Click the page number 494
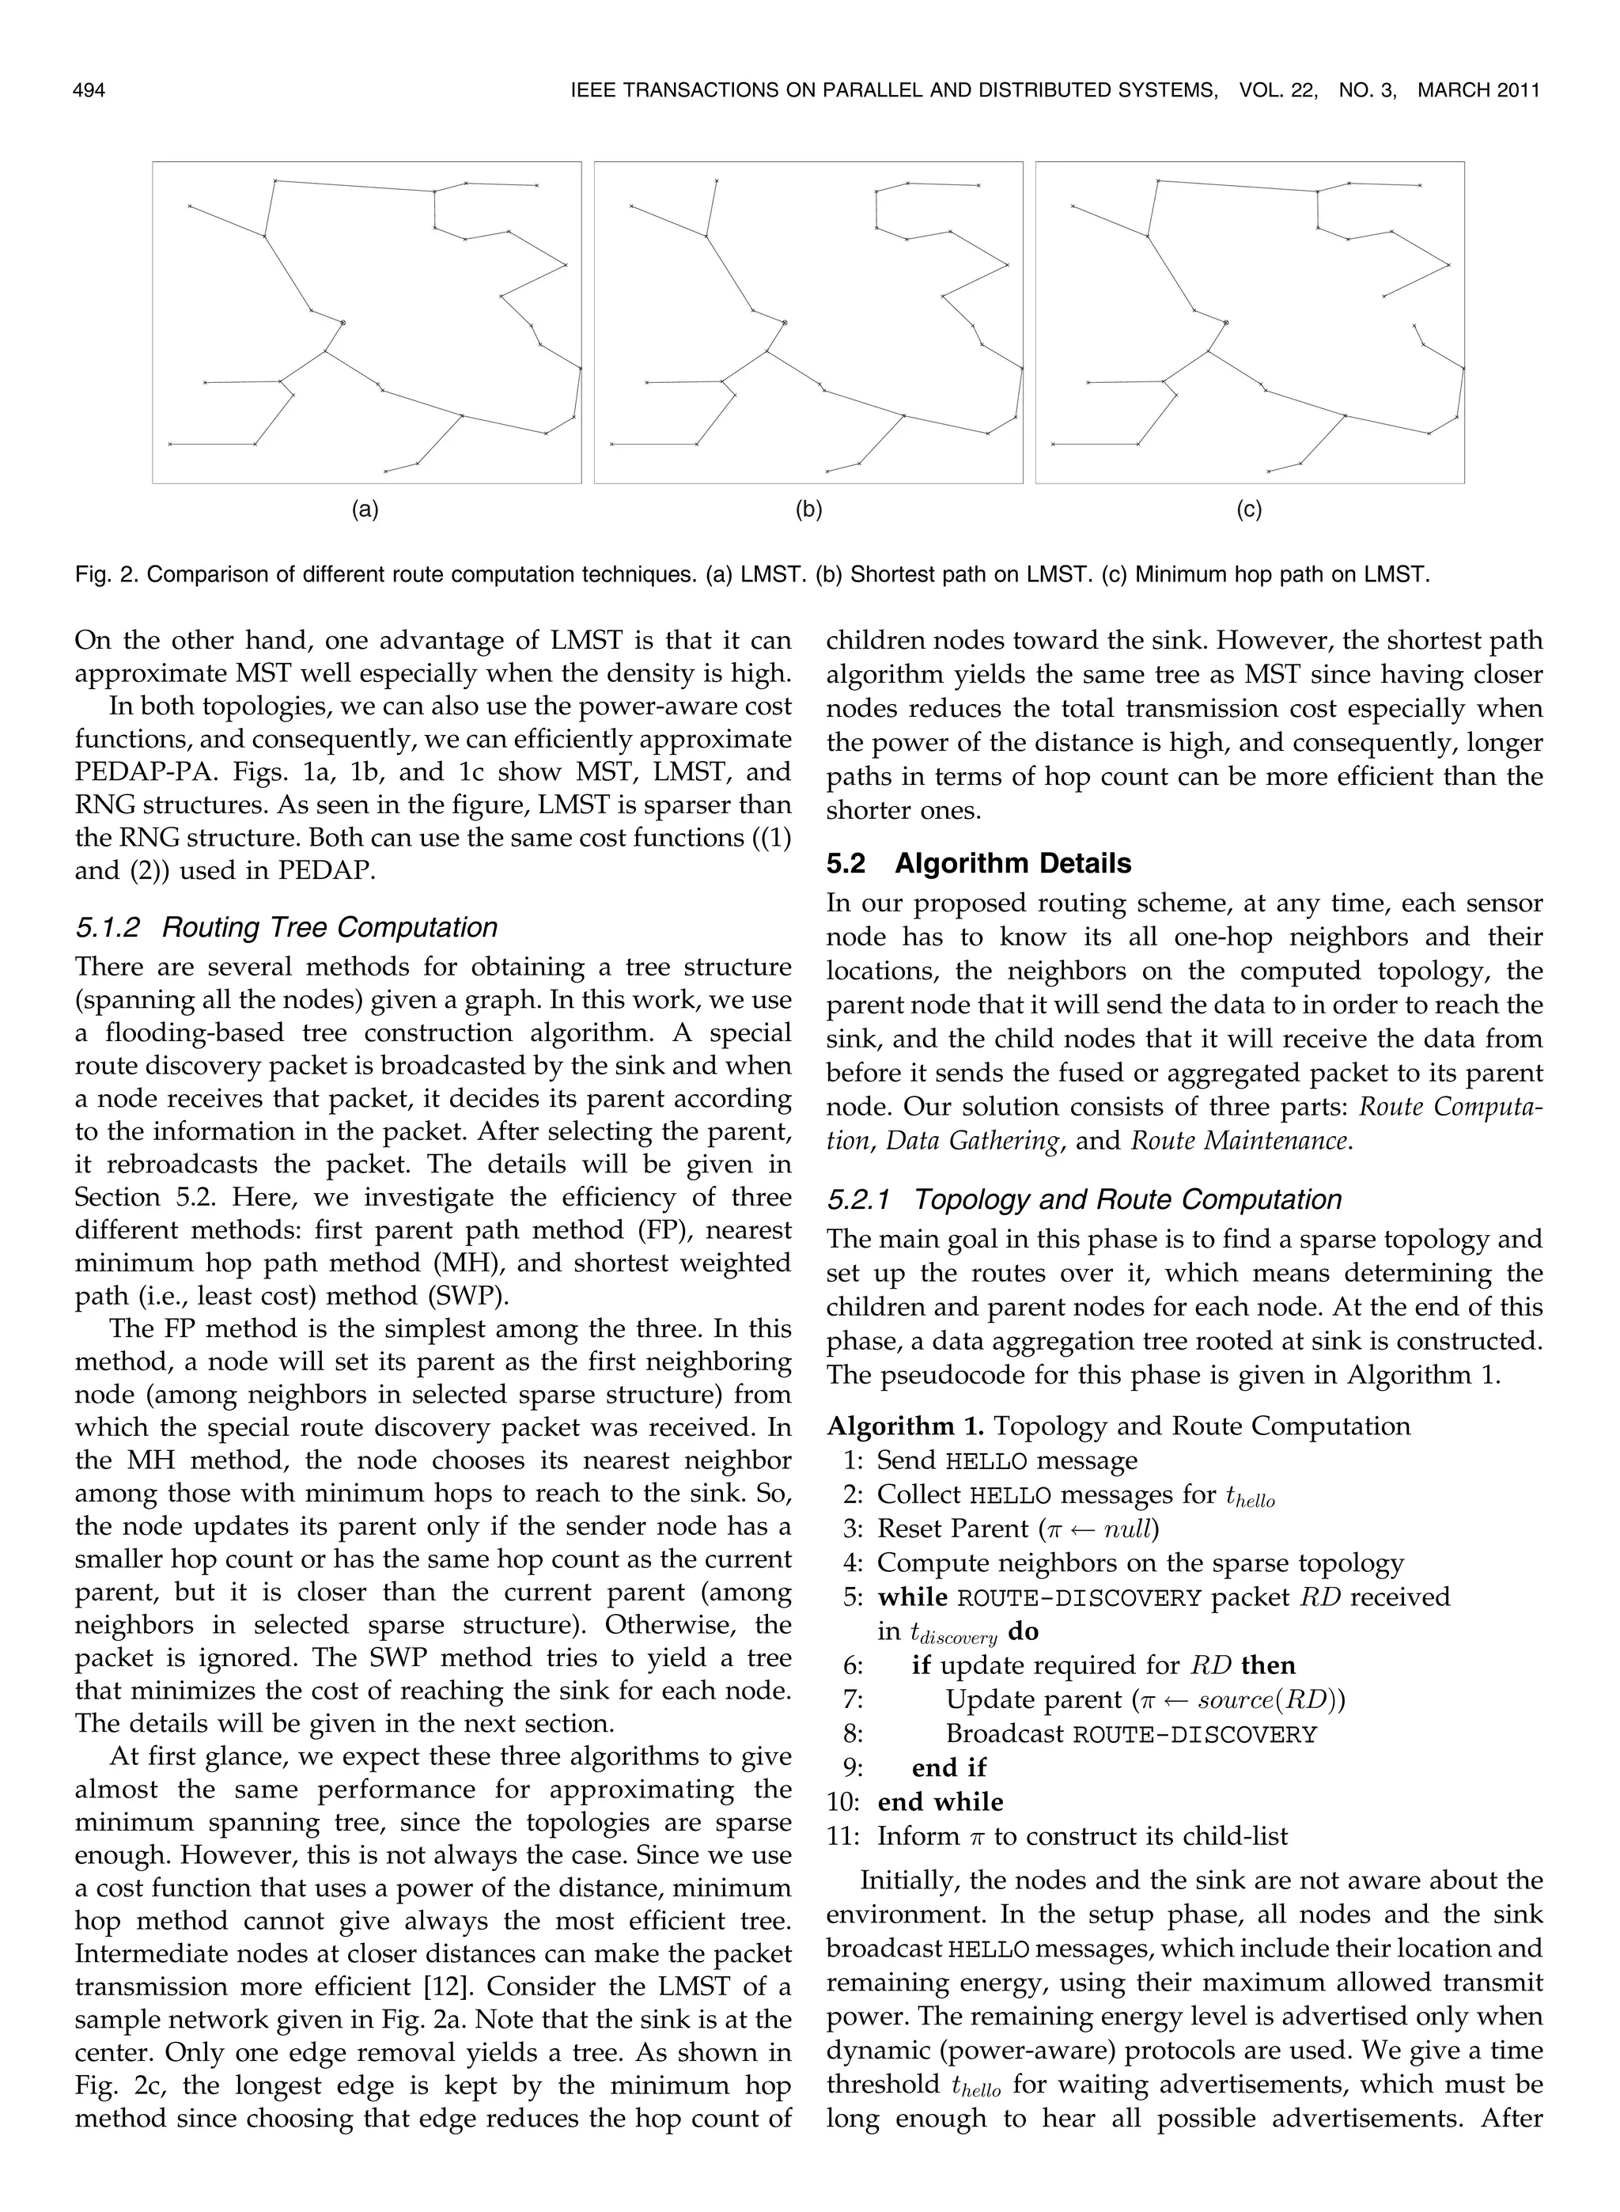89,91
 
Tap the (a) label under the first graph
365,509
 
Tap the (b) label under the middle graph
808,509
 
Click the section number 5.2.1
860,1199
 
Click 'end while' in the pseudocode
940,1802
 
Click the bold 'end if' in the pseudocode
948,1768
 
